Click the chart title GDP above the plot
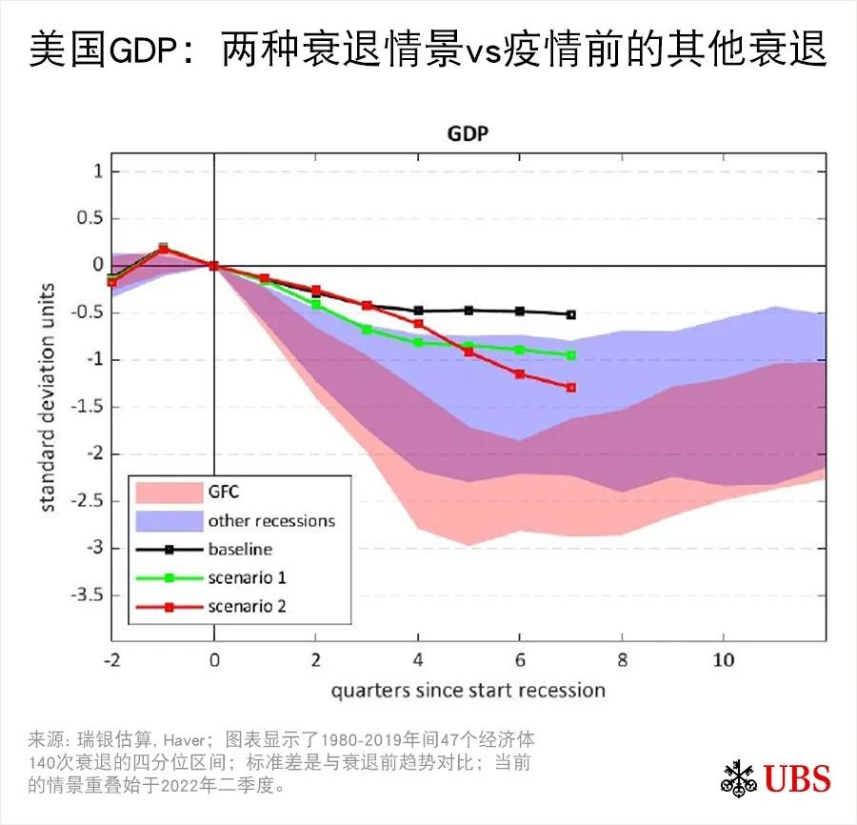point(468,133)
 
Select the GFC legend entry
point(224,493)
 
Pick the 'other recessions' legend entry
point(271,521)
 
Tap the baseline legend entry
point(240,549)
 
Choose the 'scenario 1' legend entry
point(247,577)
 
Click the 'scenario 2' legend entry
point(247,606)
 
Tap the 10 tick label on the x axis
point(723,660)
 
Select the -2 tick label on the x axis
point(111,660)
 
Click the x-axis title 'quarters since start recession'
point(468,690)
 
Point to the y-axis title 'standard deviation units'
point(48,397)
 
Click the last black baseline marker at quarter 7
point(570,314)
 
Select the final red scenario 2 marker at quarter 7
point(570,388)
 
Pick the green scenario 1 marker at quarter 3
point(367,330)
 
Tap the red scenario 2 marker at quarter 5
point(468,352)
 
